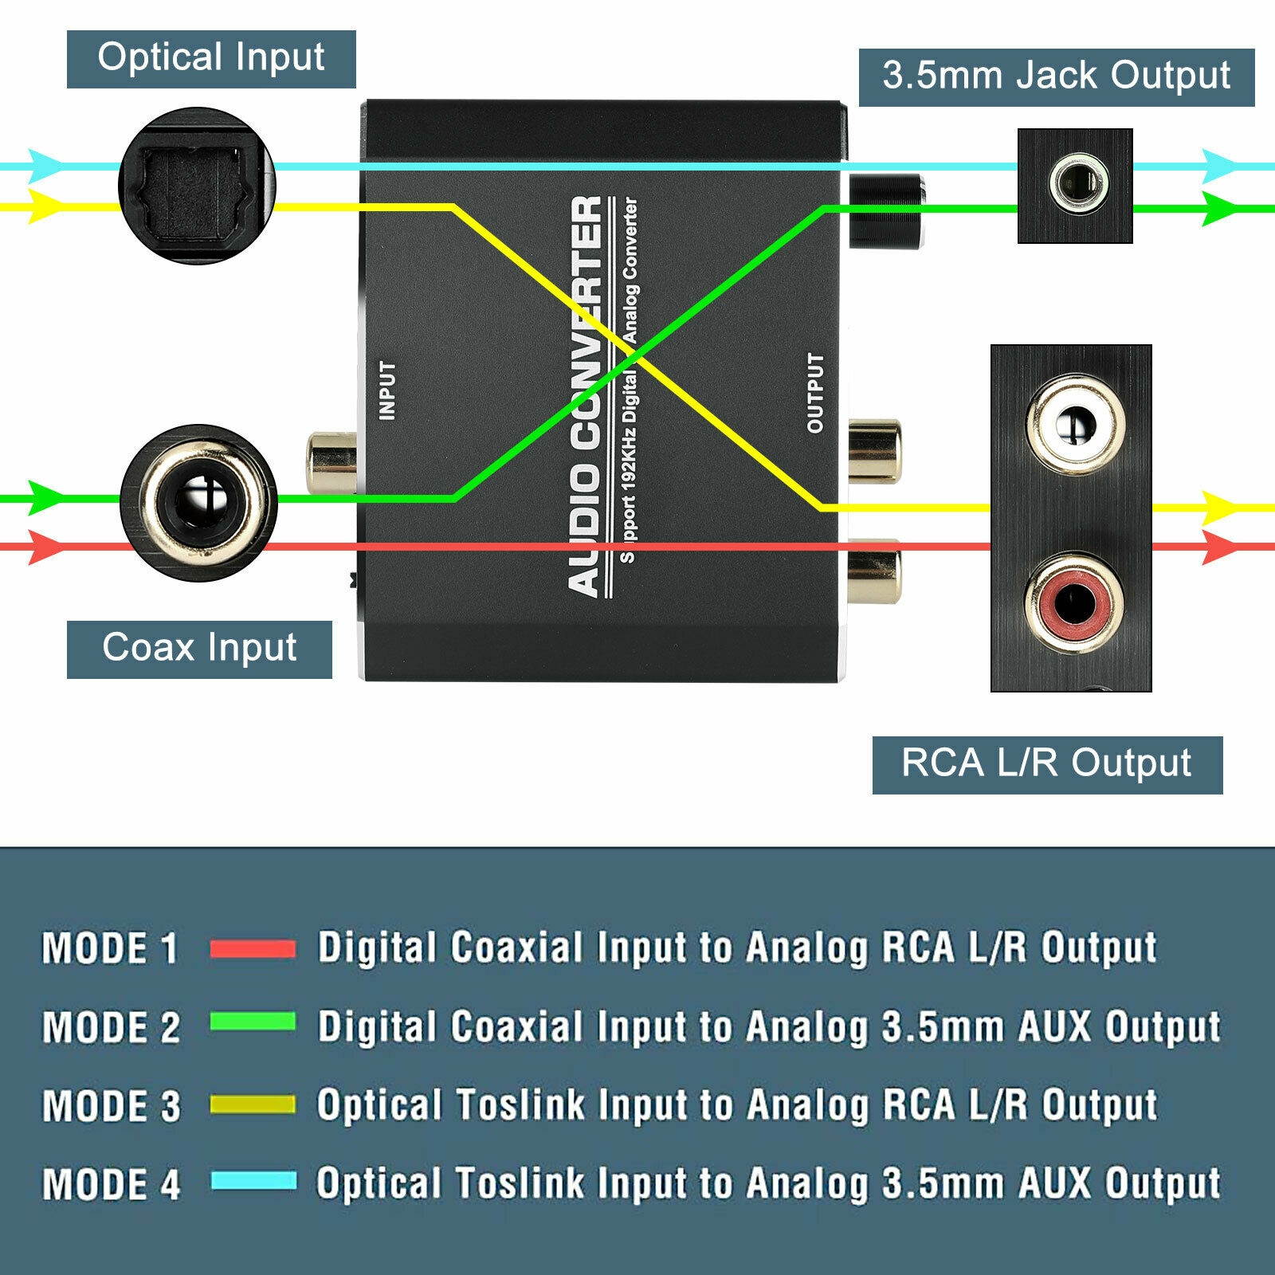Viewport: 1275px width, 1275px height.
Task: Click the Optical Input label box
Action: click(211, 59)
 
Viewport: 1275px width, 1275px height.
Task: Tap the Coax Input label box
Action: click(199, 649)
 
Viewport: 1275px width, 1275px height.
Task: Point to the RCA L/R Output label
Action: click(1047, 764)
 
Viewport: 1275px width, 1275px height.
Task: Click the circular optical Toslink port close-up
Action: click(197, 186)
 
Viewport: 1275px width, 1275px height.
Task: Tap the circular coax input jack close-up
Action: click(198, 503)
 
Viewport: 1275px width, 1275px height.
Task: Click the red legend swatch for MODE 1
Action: click(253, 948)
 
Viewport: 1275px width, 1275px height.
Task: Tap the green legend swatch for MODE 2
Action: click(253, 1022)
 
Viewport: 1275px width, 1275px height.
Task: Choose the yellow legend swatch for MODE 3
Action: click(253, 1104)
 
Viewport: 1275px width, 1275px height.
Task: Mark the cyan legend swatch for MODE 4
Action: click(253, 1180)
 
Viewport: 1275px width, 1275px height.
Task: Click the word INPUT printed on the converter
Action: click(387, 390)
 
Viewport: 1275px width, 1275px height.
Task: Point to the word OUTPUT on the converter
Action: click(814, 394)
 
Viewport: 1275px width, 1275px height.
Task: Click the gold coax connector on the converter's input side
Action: click(331, 462)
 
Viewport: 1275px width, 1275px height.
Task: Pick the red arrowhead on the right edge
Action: click(1219, 547)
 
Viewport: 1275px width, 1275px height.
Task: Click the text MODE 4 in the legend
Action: click(112, 1184)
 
